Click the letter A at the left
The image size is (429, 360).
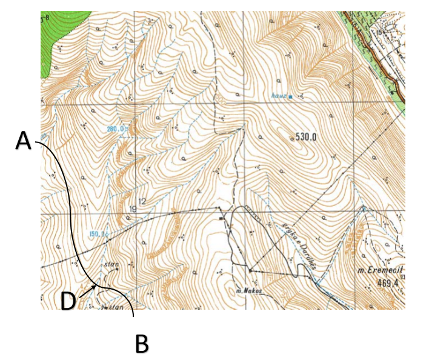point(22,141)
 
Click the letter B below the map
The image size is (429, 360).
point(141,344)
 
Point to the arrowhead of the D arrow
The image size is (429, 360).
point(96,284)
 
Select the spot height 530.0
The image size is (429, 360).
point(307,136)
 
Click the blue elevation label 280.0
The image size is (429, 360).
point(116,129)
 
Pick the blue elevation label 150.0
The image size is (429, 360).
point(98,233)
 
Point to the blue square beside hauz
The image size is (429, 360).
point(291,96)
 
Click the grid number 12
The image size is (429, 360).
point(143,201)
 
